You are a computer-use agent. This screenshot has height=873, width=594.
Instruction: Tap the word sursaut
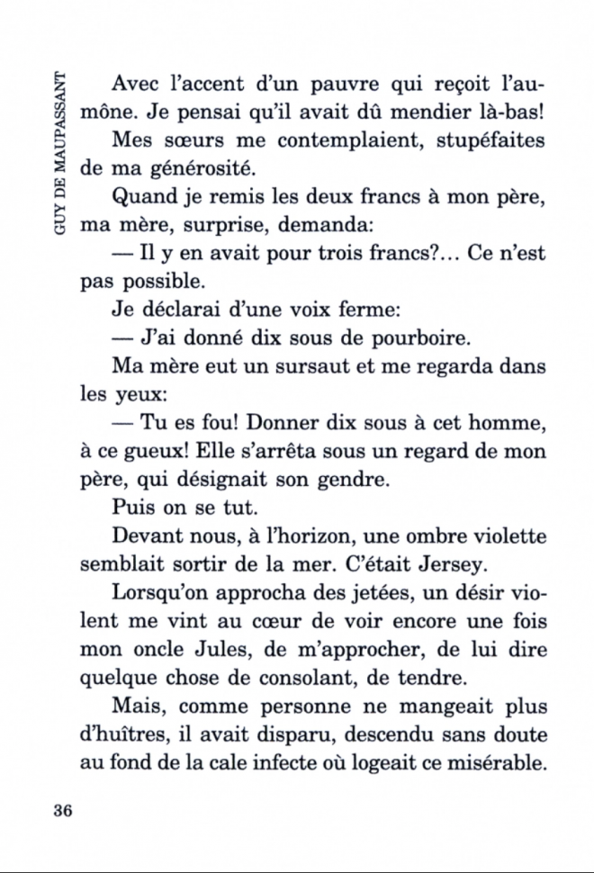[293, 367]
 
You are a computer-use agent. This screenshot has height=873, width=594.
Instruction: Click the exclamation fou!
[211, 423]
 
